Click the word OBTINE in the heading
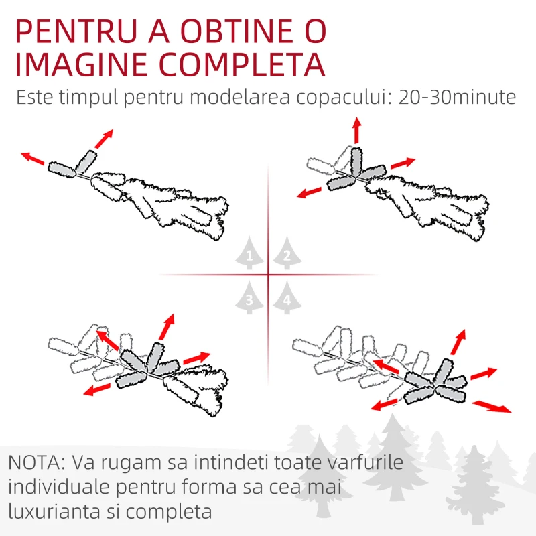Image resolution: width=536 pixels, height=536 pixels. (237, 31)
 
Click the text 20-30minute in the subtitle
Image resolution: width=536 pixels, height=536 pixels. (457, 97)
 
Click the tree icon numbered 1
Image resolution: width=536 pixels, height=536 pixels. (249, 253)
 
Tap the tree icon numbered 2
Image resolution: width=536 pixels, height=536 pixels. (287, 253)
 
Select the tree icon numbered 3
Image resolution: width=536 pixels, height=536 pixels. (249, 297)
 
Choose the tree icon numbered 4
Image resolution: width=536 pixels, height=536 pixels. (287, 297)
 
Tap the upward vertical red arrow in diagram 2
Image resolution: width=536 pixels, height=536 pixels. (357, 130)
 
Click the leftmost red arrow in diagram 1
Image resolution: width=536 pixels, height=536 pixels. (32, 159)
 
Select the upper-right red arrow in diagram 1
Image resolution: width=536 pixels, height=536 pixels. (104, 139)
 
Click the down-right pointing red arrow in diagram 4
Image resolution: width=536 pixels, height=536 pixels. (492, 407)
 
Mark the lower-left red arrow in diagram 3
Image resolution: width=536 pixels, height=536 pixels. (97, 389)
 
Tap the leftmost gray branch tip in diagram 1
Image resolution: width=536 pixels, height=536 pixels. (62, 170)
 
